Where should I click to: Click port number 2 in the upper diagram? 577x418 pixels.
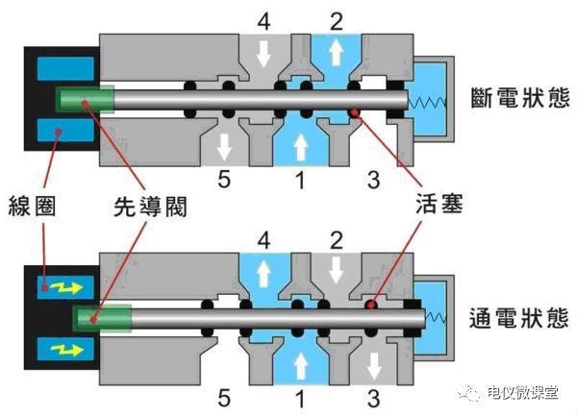click(336, 19)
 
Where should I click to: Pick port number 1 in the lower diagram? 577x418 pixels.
click(300, 394)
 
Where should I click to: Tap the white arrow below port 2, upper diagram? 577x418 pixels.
click(336, 52)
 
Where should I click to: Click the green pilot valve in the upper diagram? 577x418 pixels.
click(86, 99)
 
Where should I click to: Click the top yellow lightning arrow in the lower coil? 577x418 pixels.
click(66, 285)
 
